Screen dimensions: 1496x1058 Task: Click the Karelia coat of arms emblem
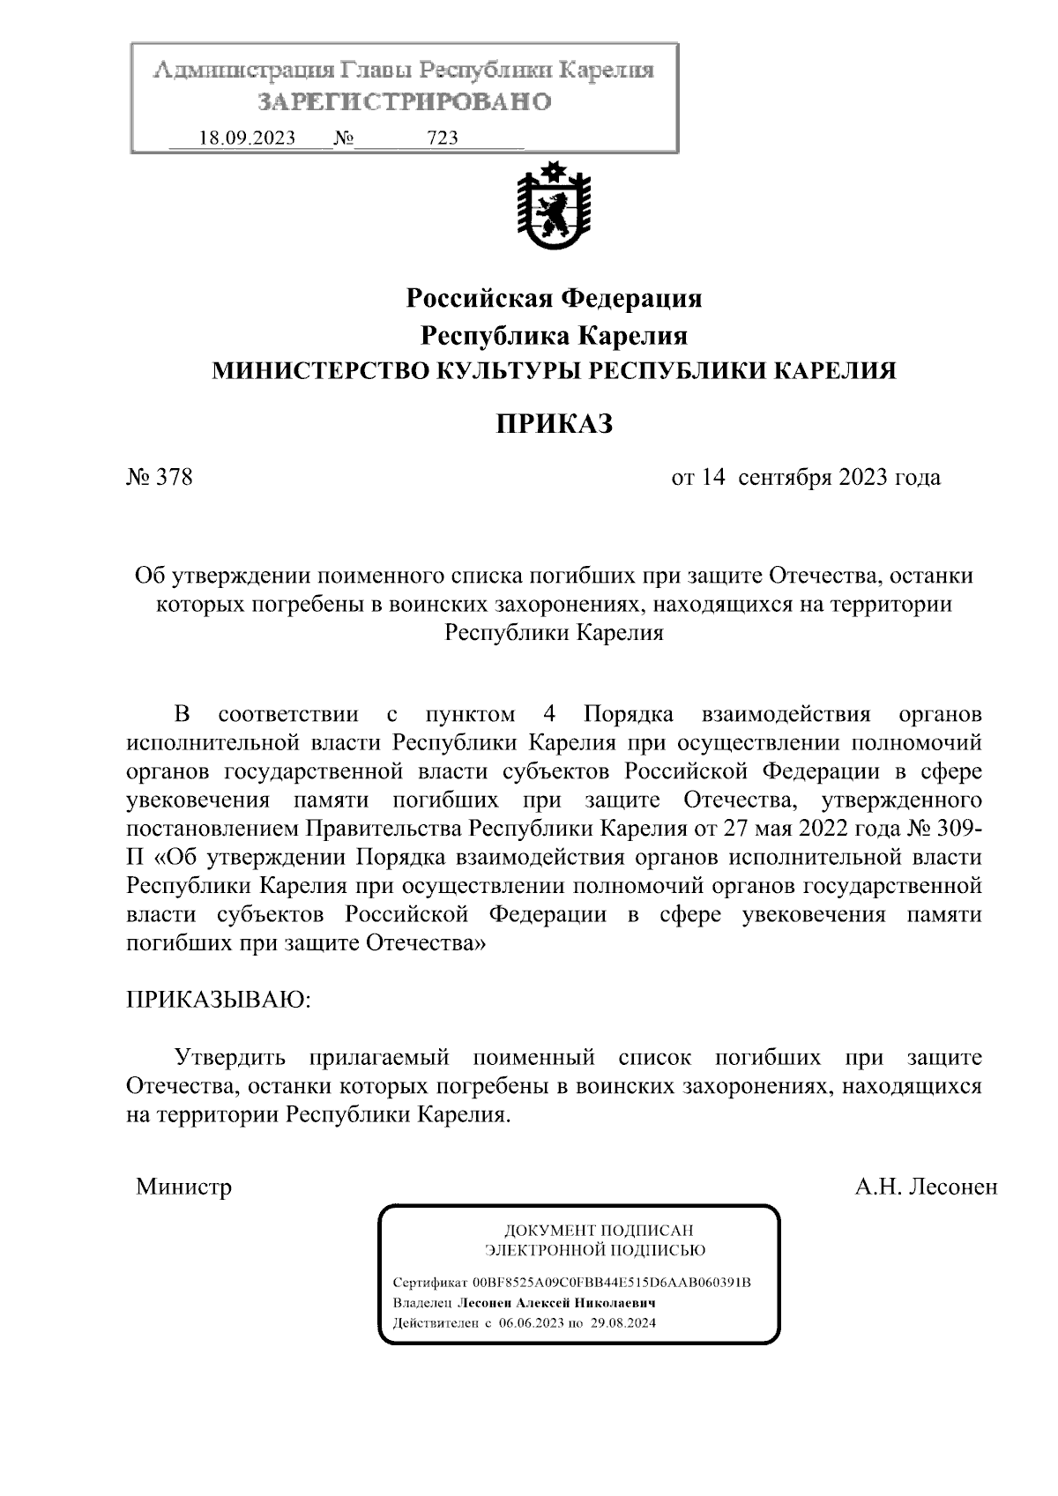click(x=553, y=209)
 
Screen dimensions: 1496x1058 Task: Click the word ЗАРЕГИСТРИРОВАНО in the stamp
click(x=405, y=102)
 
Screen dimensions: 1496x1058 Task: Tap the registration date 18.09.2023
click(x=248, y=138)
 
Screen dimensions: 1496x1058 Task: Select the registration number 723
click(x=442, y=138)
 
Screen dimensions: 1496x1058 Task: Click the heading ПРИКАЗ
click(x=554, y=425)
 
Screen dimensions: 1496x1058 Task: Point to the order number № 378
click(x=160, y=478)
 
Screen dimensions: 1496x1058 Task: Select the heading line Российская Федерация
click(x=554, y=299)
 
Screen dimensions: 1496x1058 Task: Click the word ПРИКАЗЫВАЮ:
click(x=219, y=1000)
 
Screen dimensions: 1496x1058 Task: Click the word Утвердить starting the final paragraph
click(x=230, y=1057)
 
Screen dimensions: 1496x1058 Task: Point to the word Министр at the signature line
click(x=184, y=1187)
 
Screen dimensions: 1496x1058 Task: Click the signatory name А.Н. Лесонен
click(x=926, y=1187)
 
